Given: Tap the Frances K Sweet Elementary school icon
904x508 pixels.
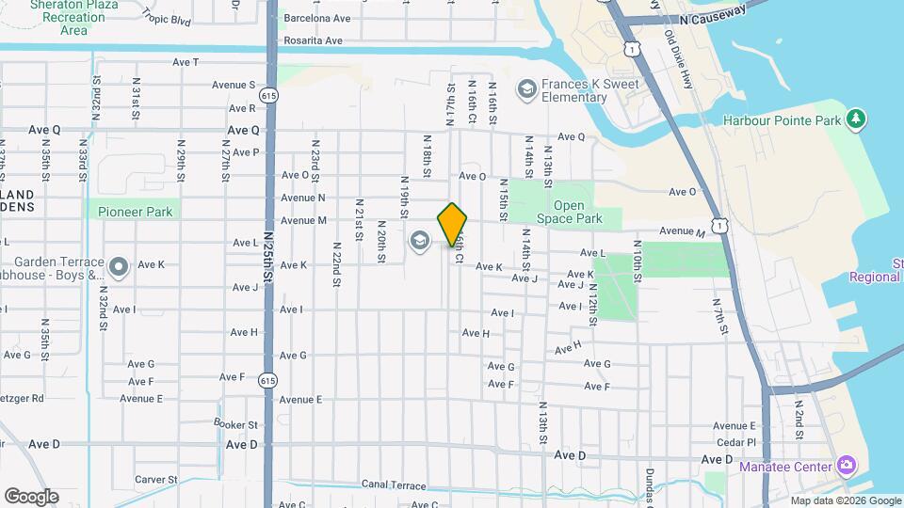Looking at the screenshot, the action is (526, 89).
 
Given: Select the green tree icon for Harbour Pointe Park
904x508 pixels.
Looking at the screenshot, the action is (855, 119).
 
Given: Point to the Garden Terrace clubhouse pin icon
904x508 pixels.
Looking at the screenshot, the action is (119, 267).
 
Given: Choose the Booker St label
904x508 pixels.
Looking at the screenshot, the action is (235, 424).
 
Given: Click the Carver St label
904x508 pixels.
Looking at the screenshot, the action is (155, 479).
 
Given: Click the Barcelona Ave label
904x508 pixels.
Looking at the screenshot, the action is (317, 18).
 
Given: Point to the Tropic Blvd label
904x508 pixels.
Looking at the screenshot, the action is (167, 20).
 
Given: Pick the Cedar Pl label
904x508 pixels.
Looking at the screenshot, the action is (737, 441).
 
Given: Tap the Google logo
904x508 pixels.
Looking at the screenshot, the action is (31, 496).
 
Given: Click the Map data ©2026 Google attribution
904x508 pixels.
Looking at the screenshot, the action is (846, 500).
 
